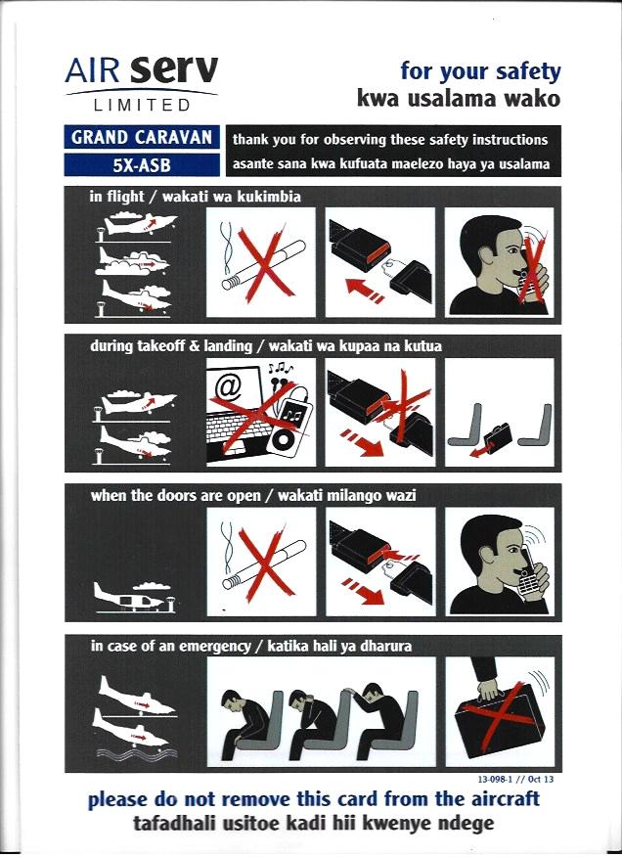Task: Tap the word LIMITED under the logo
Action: (x=142, y=105)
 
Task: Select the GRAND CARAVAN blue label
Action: (x=142, y=137)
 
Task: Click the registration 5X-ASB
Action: (x=142, y=164)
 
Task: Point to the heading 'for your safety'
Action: (x=480, y=71)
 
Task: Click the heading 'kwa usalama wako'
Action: (x=459, y=99)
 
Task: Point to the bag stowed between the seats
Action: (x=498, y=435)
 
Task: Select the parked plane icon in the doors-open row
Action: (x=135, y=598)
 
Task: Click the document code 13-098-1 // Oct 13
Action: (x=514, y=779)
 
